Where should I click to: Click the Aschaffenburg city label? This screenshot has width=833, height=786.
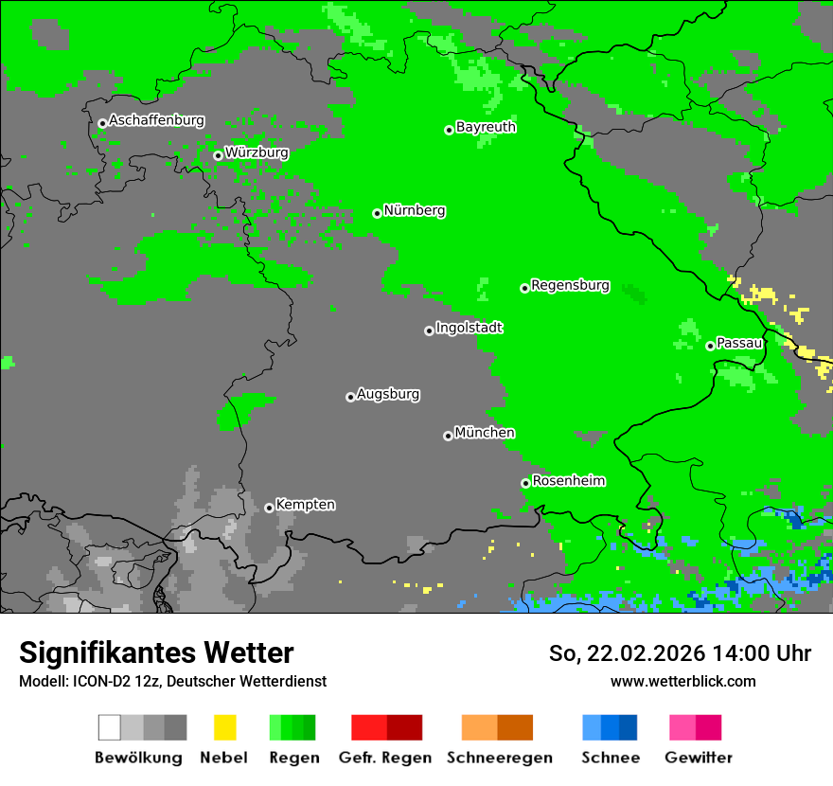tap(156, 121)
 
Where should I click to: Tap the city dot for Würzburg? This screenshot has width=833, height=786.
tap(218, 155)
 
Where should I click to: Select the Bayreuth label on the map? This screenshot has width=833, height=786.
tap(486, 127)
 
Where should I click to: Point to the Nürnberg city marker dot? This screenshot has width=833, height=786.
tap(377, 213)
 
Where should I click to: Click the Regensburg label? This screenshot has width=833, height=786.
tap(570, 285)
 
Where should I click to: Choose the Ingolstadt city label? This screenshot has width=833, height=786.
tap(469, 328)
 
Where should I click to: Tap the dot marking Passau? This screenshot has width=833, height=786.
tap(710, 346)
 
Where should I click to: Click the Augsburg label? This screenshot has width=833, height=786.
tap(388, 394)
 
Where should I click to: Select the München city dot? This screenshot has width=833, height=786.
tap(448, 436)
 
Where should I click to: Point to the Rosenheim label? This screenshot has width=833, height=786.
tap(568, 481)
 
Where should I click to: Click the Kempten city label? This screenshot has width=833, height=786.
tap(305, 505)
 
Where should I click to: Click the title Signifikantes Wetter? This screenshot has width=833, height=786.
tap(156, 652)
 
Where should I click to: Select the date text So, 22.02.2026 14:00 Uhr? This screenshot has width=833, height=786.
tap(680, 653)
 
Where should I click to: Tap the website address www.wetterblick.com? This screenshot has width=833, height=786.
tap(682, 681)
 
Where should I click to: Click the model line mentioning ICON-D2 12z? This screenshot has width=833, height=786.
tap(172, 681)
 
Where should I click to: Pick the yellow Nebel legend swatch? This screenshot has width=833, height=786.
tap(224, 727)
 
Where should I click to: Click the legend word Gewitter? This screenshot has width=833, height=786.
tap(699, 758)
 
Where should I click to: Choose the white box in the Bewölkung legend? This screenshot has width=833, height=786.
tap(110, 727)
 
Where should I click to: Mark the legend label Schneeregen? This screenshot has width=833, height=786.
tap(499, 758)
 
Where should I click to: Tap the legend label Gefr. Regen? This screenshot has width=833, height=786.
tap(385, 758)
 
